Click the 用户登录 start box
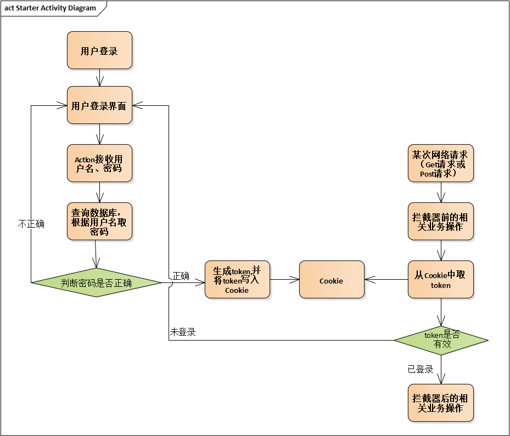99,50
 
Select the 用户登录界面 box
99,105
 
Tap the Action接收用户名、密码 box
99,163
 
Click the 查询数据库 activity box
99,221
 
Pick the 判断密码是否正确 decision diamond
97,283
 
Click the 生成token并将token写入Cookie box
237,280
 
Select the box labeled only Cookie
332,280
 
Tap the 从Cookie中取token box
440,280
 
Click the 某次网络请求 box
440,163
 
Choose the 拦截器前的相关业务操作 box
440,222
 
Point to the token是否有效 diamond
440,340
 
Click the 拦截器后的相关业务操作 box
440,403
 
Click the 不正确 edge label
31,224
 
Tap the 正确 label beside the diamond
181,276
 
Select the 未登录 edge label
183,332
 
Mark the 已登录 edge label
421,369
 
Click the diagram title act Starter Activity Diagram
50,8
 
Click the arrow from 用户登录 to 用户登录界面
99,77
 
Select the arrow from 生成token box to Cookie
284,280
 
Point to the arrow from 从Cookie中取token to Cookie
386,280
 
